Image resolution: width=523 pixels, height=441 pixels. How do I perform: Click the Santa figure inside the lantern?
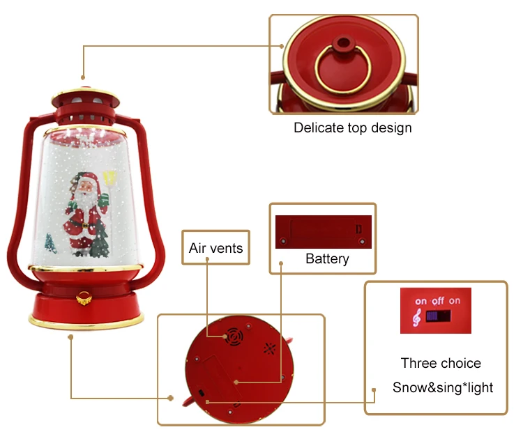click(x=82, y=209)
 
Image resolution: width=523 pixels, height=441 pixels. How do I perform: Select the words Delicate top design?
click(x=352, y=127)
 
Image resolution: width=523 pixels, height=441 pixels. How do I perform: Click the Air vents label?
click(x=216, y=249)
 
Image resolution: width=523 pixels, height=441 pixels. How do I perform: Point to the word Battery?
click(x=327, y=259)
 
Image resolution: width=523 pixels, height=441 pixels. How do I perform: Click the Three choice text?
click(x=441, y=363)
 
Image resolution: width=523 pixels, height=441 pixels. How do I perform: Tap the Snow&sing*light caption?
click(x=442, y=387)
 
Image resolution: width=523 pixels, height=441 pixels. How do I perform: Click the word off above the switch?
click(x=437, y=301)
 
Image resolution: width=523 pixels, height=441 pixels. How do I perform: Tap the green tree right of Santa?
click(x=100, y=240)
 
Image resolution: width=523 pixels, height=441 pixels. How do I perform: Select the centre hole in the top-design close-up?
click(x=341, y=42)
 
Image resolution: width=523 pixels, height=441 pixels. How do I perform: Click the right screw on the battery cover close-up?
click(x=361, y=242)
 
